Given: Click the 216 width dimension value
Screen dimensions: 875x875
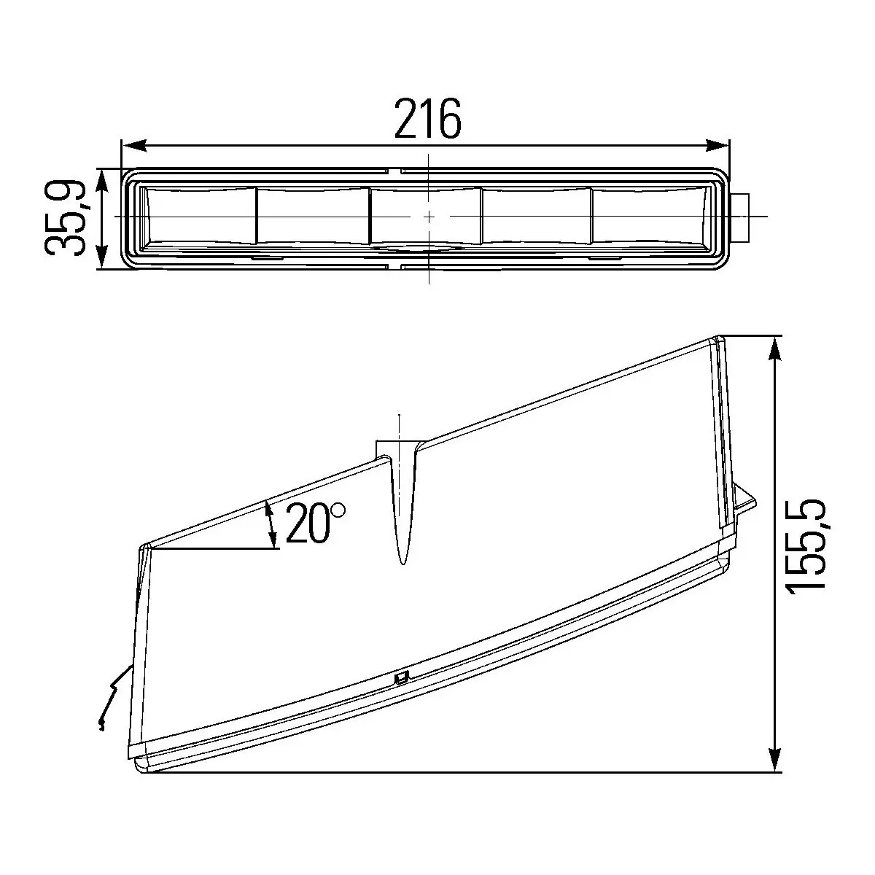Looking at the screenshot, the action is pyautogui.click(x=428, y=119).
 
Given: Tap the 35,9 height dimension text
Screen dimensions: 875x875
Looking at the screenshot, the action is pyautogui.click(x=66, y=217).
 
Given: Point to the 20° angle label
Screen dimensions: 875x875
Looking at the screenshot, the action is pyautogui.click(x=316, y=523).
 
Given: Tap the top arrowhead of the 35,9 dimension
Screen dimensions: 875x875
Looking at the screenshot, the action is pyautogui.click(x=102, y=180).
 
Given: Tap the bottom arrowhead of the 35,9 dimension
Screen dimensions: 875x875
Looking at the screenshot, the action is pyautogui.click(x=102, y=257).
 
